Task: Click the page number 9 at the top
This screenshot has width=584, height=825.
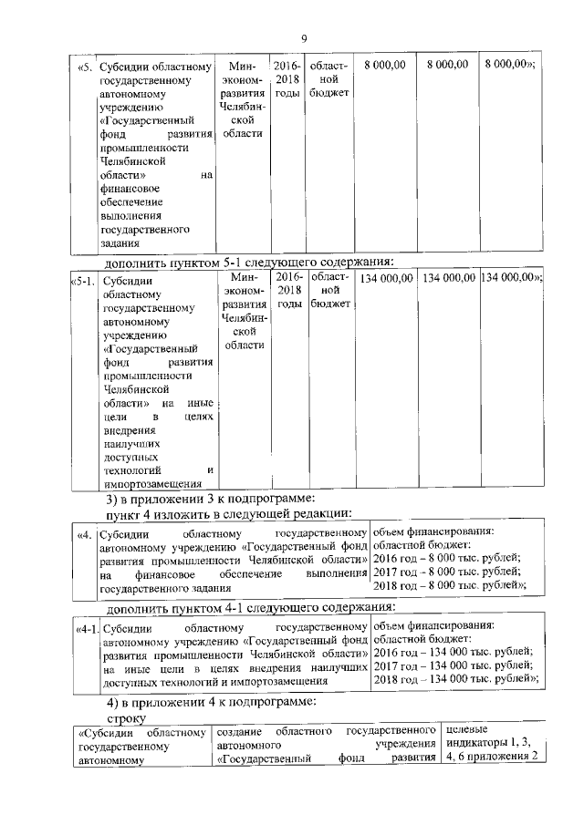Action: [x=304, y=36]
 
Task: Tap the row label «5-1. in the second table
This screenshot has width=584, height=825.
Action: [x=84, y=281]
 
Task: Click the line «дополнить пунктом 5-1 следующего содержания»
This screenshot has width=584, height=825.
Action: [x=249, y=260]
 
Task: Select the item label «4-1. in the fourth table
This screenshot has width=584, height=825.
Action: [x=86, y=629]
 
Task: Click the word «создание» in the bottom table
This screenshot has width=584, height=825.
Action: [x=240, y=732]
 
